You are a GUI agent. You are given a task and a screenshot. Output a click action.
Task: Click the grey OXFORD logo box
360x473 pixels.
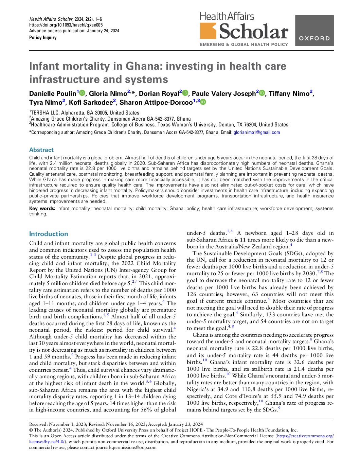pos(314,31)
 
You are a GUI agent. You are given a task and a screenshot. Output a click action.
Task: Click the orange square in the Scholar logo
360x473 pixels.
pos(208,31)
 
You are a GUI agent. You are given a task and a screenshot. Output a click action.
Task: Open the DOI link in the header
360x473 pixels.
pos(66,25)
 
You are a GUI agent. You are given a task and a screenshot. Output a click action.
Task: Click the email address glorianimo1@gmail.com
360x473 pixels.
pos(256,133)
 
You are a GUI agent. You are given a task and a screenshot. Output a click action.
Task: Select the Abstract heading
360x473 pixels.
pos(41,150)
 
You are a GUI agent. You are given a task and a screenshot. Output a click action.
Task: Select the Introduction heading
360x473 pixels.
pos(49,234)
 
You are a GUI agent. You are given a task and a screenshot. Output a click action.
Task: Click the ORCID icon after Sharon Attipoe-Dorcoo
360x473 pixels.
pos(203,102)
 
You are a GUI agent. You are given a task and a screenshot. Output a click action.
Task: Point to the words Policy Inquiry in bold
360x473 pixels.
pos(43,37)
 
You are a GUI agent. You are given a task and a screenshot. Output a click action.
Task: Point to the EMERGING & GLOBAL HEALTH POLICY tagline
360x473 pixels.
pos(244,45)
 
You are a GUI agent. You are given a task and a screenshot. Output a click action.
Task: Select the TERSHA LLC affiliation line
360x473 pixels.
pos(84,113)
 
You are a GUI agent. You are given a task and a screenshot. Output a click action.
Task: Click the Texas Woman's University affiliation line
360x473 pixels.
pos(159,125)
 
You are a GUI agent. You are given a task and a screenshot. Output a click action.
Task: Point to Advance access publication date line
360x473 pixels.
pos(74,31)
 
